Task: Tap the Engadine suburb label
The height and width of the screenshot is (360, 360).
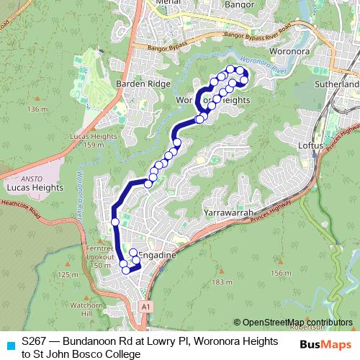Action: pos(156,255)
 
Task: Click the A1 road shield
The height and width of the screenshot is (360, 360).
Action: pos(146,307)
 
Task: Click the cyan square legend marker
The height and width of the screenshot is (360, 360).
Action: pos(9,345)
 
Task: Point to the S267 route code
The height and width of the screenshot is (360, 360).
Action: pos(36,339)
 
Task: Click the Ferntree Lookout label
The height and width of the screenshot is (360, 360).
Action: pos(99,252)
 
